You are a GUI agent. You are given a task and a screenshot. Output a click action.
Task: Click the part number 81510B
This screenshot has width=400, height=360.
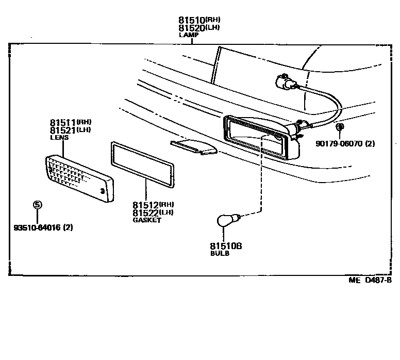pos(226,247)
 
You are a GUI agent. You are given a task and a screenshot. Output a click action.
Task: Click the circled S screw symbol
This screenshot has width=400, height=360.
pos(38,205)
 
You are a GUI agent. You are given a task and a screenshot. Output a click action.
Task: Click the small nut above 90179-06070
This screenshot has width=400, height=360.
pos(340,127)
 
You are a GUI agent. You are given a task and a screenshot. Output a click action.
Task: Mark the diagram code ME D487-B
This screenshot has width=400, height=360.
pos(369,281)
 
